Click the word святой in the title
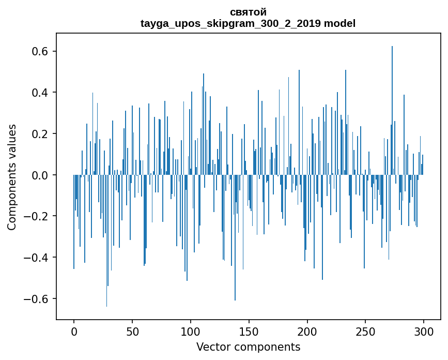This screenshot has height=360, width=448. coord(248,12)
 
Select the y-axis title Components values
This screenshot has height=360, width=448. coord(11,177)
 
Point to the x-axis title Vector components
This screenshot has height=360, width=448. coord(248,347)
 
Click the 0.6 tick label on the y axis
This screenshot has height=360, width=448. coord(38,51)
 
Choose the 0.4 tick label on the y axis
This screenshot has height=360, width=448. coord(38,93)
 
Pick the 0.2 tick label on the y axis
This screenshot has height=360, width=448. coord(38,134)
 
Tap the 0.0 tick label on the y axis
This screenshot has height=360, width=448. coord(38,175)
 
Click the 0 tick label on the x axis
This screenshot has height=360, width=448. coord(74,331)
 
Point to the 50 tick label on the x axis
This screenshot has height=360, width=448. coord(132,331)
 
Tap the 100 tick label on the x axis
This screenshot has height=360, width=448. coord(191,331)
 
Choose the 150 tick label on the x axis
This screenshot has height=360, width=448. coord(249,331)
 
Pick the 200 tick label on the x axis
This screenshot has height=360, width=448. coord(307,331)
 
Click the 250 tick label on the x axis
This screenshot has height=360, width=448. coord(366,331)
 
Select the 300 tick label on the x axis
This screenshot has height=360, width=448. coord(424,331)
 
